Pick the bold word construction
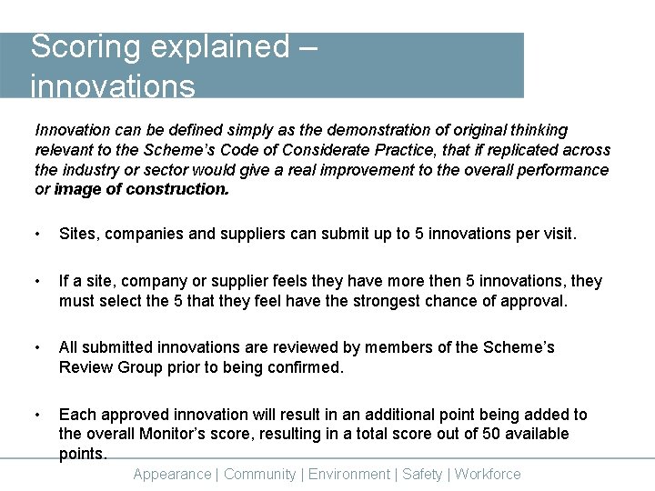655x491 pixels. (x=178, y=190)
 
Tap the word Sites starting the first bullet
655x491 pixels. (x=78, y=234)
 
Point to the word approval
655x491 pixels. (x=534, y=301)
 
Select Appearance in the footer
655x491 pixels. (x=171, y=474)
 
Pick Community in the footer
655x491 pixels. (x=259, y=474)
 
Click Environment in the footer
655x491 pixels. (x=349, y=474)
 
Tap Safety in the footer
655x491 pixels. (x=422, y=474)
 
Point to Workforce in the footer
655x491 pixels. (x=488, y=474)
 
